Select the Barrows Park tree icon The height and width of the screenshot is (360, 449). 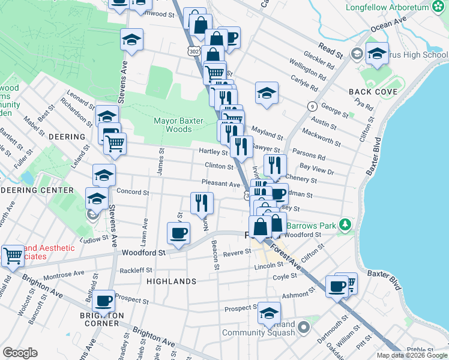tap(345, 226)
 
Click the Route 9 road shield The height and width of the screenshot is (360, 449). tap(312, 106)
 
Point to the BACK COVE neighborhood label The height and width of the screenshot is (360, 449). tap(373, 92)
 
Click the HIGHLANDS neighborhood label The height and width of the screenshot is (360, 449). tap(172, 281)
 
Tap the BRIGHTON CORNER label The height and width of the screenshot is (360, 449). tap(101, 319)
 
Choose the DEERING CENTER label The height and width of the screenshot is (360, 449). tap(45, 190)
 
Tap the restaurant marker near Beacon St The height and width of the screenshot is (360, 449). tap(202, 202)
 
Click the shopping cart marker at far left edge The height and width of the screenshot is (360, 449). tap(12, 255)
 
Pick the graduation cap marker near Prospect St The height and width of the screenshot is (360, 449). tap(270, 313)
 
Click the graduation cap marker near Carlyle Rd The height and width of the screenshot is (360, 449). tap(267, 93)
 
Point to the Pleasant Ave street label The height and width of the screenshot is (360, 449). tap(221, 184)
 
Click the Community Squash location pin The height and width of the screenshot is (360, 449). tap(303, 328)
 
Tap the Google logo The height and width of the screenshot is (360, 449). tap(20, 352)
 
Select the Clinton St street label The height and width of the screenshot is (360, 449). tap(218, 166)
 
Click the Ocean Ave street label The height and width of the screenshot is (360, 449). tap(389, 24)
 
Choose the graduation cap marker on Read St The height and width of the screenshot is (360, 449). tap(377, 54)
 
